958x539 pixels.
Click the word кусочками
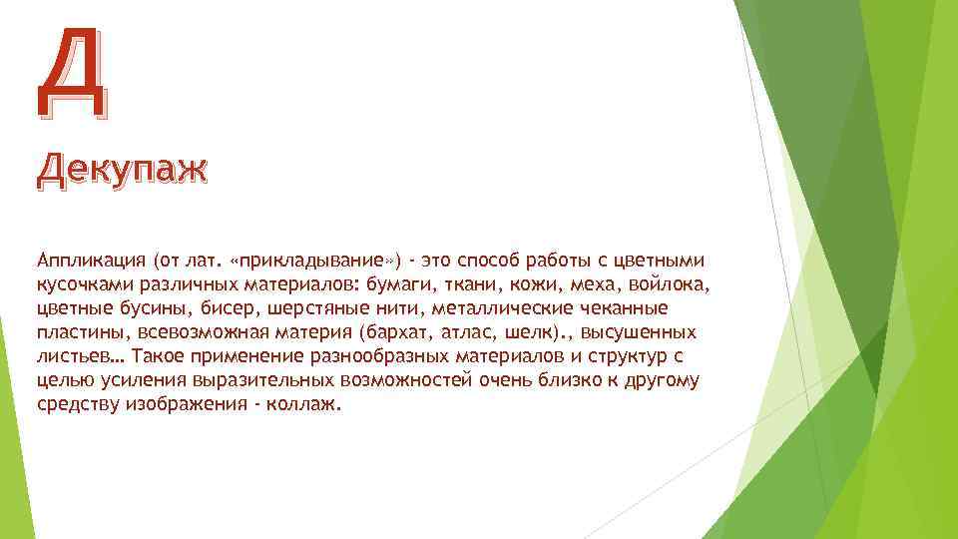pos(82,285)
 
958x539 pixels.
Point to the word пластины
pos(78,333)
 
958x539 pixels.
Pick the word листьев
pos(75,357)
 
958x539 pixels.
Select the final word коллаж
pos(304,405)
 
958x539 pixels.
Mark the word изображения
pos(186,405)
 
